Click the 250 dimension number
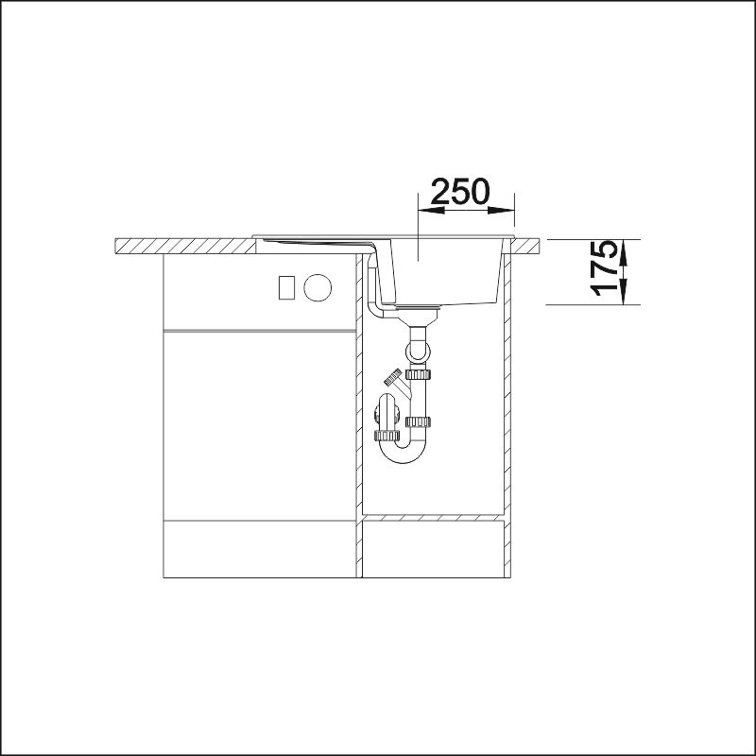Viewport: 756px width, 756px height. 460,192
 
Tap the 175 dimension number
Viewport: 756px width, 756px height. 604,268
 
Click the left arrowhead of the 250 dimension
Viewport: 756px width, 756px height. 432,210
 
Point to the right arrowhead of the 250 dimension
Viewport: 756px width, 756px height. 501,210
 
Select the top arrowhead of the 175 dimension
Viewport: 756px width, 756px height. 624,252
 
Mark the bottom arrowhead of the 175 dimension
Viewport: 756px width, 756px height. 624,291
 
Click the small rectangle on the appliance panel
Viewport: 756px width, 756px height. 286,287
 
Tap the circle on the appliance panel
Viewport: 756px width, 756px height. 318,288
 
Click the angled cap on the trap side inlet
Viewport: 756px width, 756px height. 392,376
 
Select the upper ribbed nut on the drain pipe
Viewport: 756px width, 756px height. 418,374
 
